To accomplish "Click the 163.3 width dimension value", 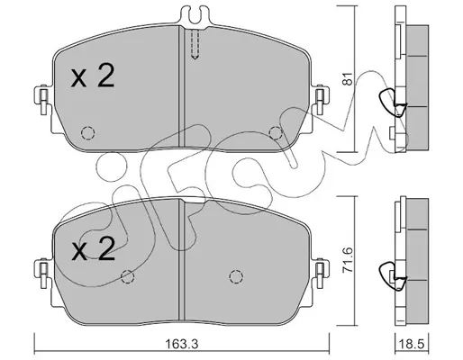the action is [x=182, y=344].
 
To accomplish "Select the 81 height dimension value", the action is [x=348, y=79].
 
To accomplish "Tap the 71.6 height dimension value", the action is [x=348, y=260].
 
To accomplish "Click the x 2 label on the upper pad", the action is [x=93, y=76].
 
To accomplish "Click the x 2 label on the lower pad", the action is [x=93, y=248].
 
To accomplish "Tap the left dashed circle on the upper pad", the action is [x=88, y=132].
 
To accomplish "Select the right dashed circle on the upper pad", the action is [x=276, y=132].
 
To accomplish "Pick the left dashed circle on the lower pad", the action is [x=127, y=276].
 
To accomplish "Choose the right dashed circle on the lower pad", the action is [x=236, y=276].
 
